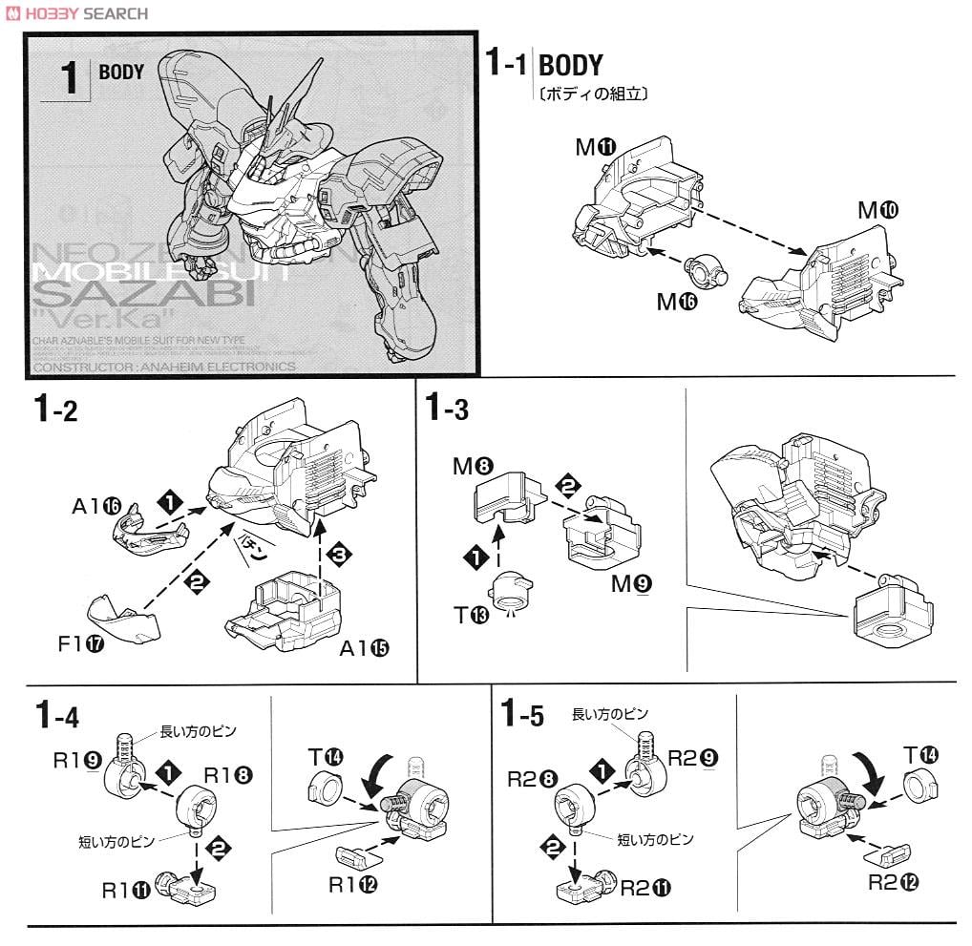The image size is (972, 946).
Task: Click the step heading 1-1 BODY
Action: (x=544, y=65)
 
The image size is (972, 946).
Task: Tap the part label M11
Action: (x=596, y=147)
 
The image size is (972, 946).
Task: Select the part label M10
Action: (x=878, y=210)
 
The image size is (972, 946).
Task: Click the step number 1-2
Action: (x=54, y=410)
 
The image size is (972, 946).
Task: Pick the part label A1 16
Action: (x=98, y=506)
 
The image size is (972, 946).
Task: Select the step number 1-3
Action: (x=446, y=410)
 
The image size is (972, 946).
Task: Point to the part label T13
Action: (x=472, y=613)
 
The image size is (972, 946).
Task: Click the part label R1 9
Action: (x=77, y=761)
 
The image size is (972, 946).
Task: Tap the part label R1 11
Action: (x=126, y=890)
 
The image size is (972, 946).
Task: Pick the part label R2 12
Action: (x=893, y=882)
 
